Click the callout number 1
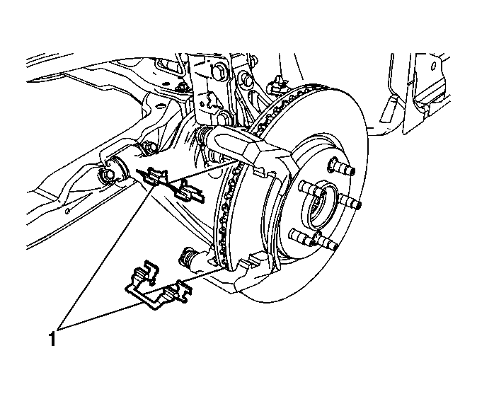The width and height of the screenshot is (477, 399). (x=52, y=339)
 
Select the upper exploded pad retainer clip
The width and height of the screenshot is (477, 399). (x=172, y=185)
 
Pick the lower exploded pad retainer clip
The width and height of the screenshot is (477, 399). (x=156, y=286)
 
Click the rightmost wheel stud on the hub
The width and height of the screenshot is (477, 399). (x=349, y=202)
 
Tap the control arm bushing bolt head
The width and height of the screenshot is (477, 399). (x=107, y=176)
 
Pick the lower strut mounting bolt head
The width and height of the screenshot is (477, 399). (x=224, y=117)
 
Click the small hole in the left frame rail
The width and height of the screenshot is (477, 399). (x=67, y=211)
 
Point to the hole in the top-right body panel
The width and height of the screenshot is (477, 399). (x=434, y=65)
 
